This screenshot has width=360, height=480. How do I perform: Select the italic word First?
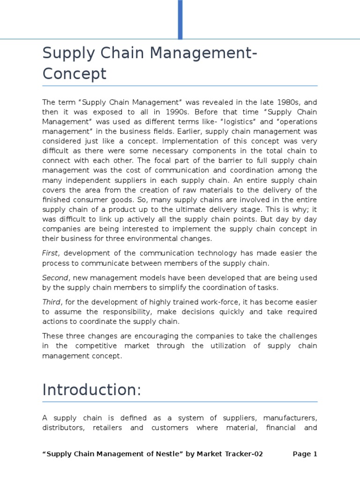click(50, 253)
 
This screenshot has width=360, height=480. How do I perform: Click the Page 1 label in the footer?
click(305, 454)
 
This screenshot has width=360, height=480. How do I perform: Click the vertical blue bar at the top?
click(180, 19)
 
